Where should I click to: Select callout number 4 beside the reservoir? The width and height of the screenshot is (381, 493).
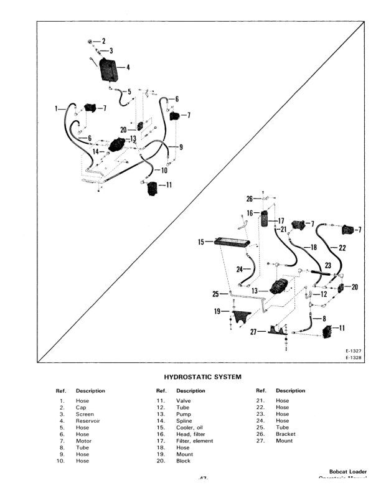pos(128,67)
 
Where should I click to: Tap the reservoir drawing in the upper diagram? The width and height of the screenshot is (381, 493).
pos(111,68)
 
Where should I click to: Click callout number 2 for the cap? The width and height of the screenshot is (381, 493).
pos(103,41)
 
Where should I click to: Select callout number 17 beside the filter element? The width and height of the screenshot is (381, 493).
pos(280,220)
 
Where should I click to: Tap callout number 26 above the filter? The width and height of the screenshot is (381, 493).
pos(249,199)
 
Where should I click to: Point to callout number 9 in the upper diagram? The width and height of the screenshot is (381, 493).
pos(181,147)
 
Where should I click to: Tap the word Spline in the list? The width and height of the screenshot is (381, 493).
pos(184,421)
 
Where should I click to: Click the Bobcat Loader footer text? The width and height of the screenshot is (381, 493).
pos(348,471)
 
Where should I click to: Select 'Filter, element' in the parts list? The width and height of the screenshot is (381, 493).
pos(194,441)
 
